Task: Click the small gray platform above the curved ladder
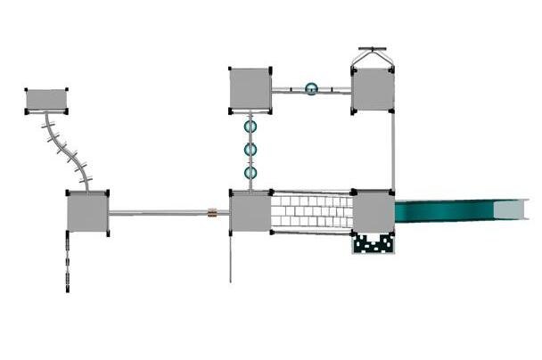(46, 100)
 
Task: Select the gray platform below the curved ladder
(87, 213)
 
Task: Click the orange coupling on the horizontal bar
(212, 213)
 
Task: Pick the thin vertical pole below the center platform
(231, 258)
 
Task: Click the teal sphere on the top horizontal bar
(311, 89)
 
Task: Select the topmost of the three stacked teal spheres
(250, 127)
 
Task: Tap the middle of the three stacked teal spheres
(250, 150)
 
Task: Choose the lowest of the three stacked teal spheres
(250, 172)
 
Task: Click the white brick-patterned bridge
(311, 212)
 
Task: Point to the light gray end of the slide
(515, 211)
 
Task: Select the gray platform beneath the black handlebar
(373, 90)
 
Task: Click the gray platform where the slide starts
(374, 212)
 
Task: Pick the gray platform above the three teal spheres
(250, 89)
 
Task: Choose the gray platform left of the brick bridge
(250, 212)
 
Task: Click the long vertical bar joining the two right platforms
(393, 151)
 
